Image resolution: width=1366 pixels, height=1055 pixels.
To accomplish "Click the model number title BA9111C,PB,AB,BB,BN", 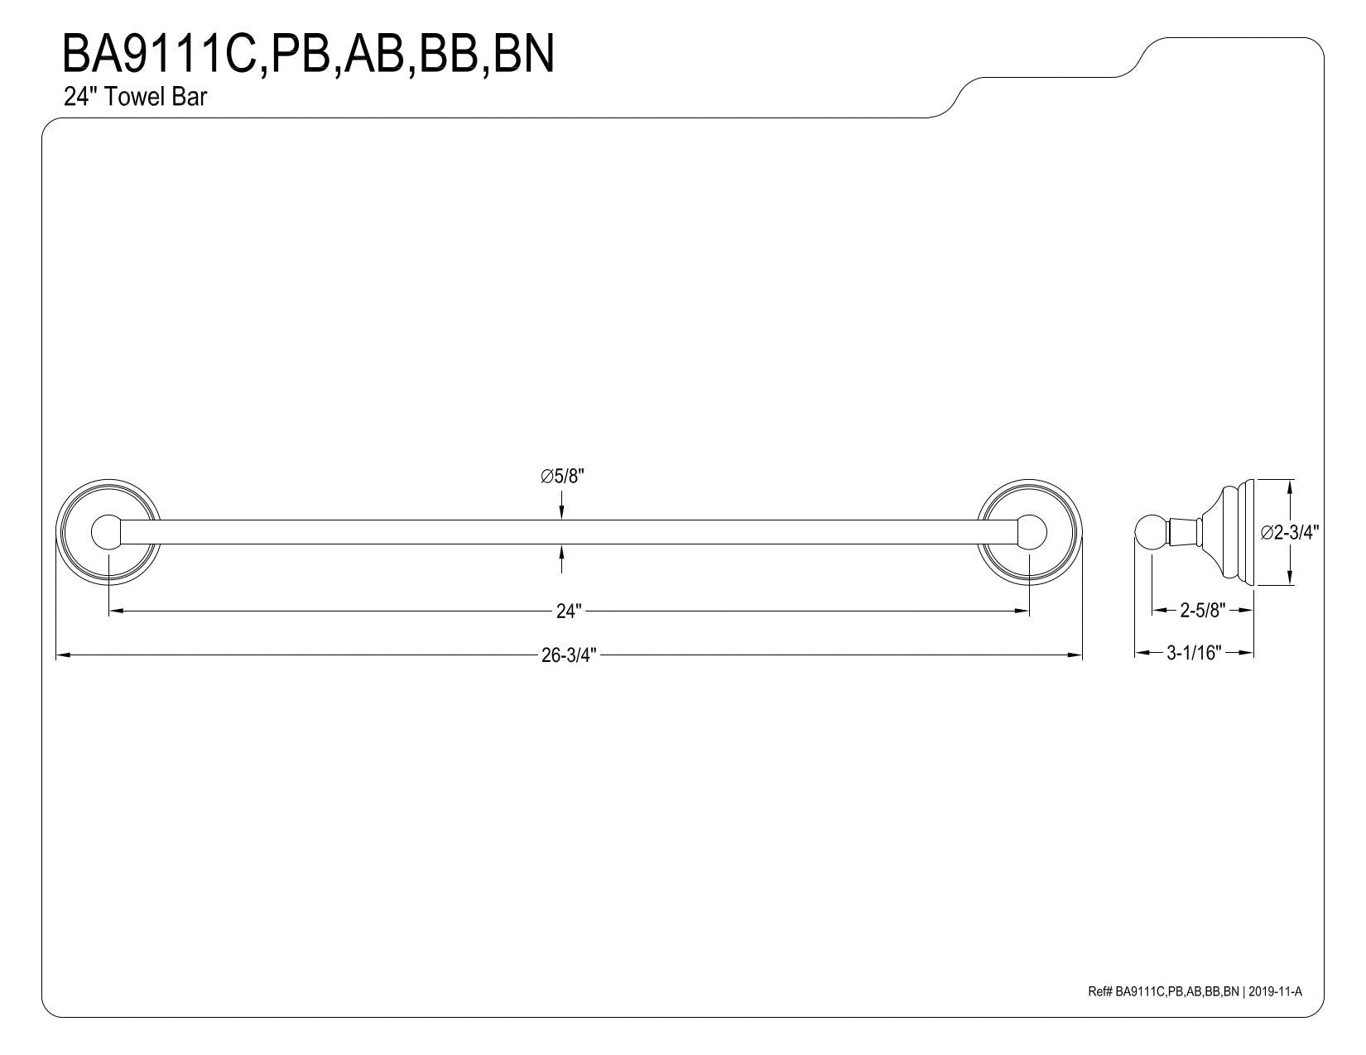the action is coord(308,55).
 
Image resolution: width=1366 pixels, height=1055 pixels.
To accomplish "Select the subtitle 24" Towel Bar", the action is coord(135,97).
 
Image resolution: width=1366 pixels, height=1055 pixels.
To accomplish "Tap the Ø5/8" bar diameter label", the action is coord(563,477).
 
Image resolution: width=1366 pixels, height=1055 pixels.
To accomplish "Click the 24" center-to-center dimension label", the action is coord(568,611).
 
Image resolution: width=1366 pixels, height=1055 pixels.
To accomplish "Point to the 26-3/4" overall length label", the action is coord(568,655).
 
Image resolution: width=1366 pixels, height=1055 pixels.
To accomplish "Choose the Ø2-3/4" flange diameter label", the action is coord(1289,532).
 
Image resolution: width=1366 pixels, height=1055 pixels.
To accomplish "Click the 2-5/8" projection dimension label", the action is coord(1203,610).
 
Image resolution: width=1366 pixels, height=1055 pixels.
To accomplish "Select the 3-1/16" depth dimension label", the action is coord(1194,653).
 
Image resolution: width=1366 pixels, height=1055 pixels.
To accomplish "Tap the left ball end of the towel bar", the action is coord(106,532).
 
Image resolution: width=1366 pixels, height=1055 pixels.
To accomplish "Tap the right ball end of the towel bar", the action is coord(1032,532).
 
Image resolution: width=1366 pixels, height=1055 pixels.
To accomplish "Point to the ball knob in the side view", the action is coord(1151,532).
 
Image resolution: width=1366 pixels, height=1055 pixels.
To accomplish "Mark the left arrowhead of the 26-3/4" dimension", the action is coord(62,655).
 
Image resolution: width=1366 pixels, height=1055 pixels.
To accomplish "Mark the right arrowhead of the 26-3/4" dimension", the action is coord(1075,655).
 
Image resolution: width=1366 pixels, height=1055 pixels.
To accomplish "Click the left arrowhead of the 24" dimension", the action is coord(115,611).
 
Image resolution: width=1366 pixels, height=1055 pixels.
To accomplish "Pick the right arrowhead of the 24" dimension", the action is coord(1022,611).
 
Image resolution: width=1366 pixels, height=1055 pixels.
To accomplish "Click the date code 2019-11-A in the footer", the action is coord(1275,991).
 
